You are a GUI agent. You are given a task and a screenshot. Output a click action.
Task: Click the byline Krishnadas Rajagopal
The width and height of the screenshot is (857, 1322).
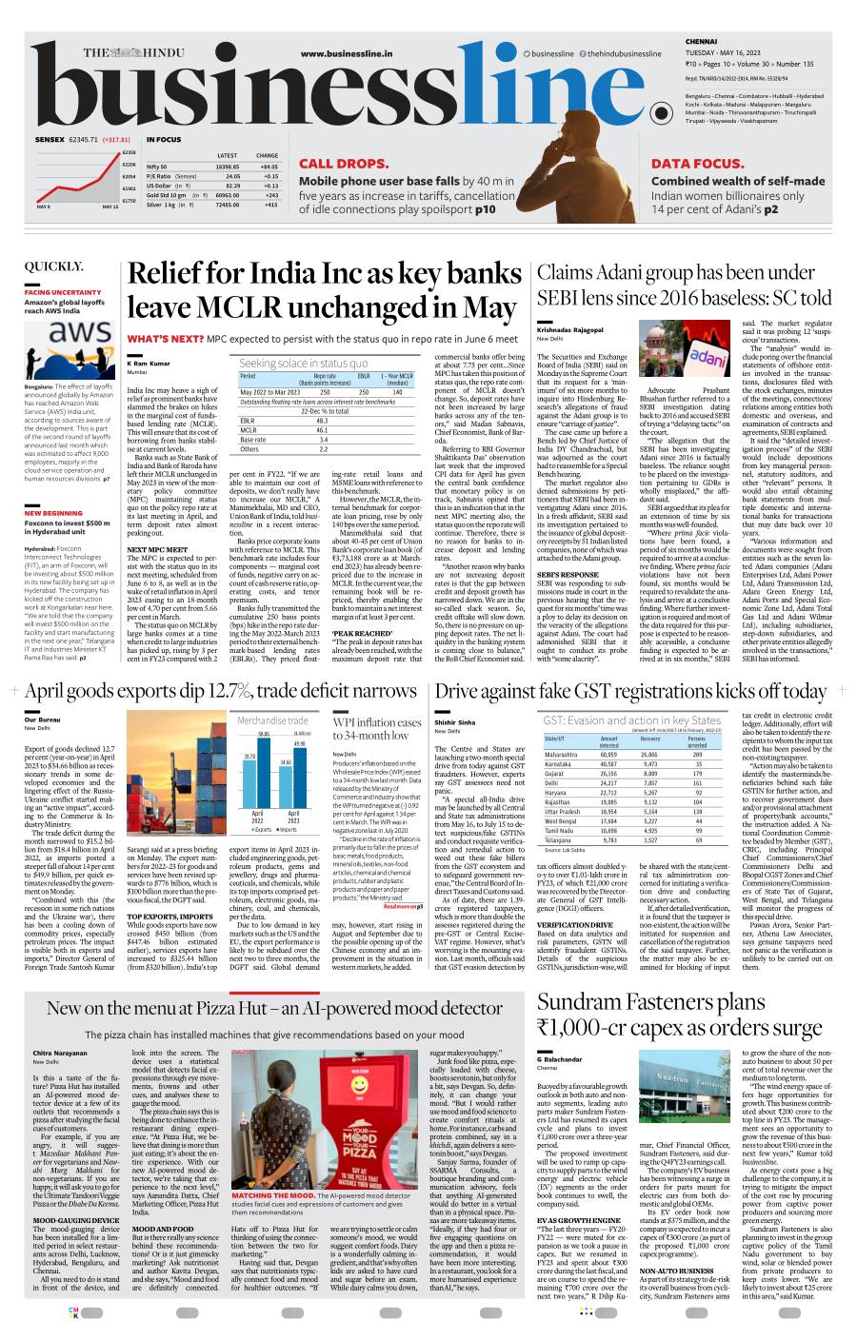coord(570,329)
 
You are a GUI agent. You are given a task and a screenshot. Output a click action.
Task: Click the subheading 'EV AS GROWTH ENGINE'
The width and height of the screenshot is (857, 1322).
coord(578,1219)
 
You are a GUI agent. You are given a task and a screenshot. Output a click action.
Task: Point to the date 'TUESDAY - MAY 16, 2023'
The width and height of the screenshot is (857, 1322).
coord(727,52)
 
